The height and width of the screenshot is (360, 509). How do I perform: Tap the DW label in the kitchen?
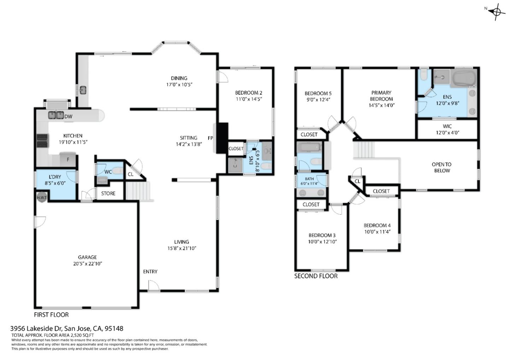(x=69, y=117)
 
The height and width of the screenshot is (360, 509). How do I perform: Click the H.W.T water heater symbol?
(x=42, y=197)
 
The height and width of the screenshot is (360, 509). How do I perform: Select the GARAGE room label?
(x=87, y=257)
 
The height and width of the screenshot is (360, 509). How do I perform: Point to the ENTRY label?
(x=150, y=272)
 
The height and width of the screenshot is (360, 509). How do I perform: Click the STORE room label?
(x=108, y=193)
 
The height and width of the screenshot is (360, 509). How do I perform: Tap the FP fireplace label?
(x=210, y=138)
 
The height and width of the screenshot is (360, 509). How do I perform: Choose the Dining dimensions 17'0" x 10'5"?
(x=179, y=85)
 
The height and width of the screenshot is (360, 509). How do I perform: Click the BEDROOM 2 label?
(x=248, y=93)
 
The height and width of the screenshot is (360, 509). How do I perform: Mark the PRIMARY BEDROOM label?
(x=381, y=96)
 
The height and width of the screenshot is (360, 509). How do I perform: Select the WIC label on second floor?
(x=447, y=126)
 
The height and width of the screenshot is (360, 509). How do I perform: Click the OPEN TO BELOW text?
(x=442, y=168)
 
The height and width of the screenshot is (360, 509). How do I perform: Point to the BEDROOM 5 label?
(x=318, y=93)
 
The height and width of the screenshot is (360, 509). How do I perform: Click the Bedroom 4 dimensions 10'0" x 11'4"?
(x=377, y=232)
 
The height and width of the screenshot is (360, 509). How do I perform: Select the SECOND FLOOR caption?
(x=316, y=276)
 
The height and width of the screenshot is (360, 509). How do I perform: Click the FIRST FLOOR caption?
(x=51, y=315)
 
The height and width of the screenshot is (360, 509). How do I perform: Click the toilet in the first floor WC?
(x=118, y=170)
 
